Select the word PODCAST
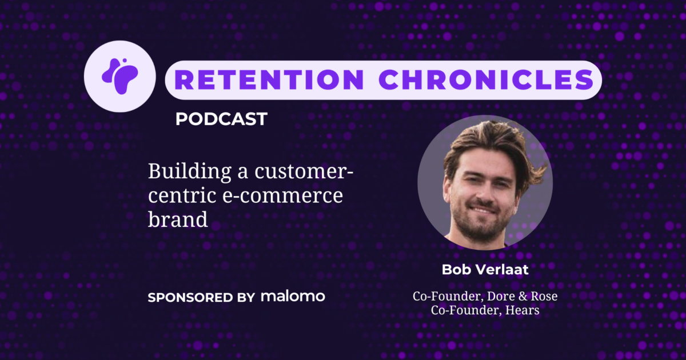221,119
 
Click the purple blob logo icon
119,76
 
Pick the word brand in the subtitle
177,219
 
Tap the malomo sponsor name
293,296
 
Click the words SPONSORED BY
201,297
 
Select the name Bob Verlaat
485,270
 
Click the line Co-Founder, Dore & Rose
485,297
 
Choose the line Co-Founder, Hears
485,311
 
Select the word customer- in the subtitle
305,171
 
